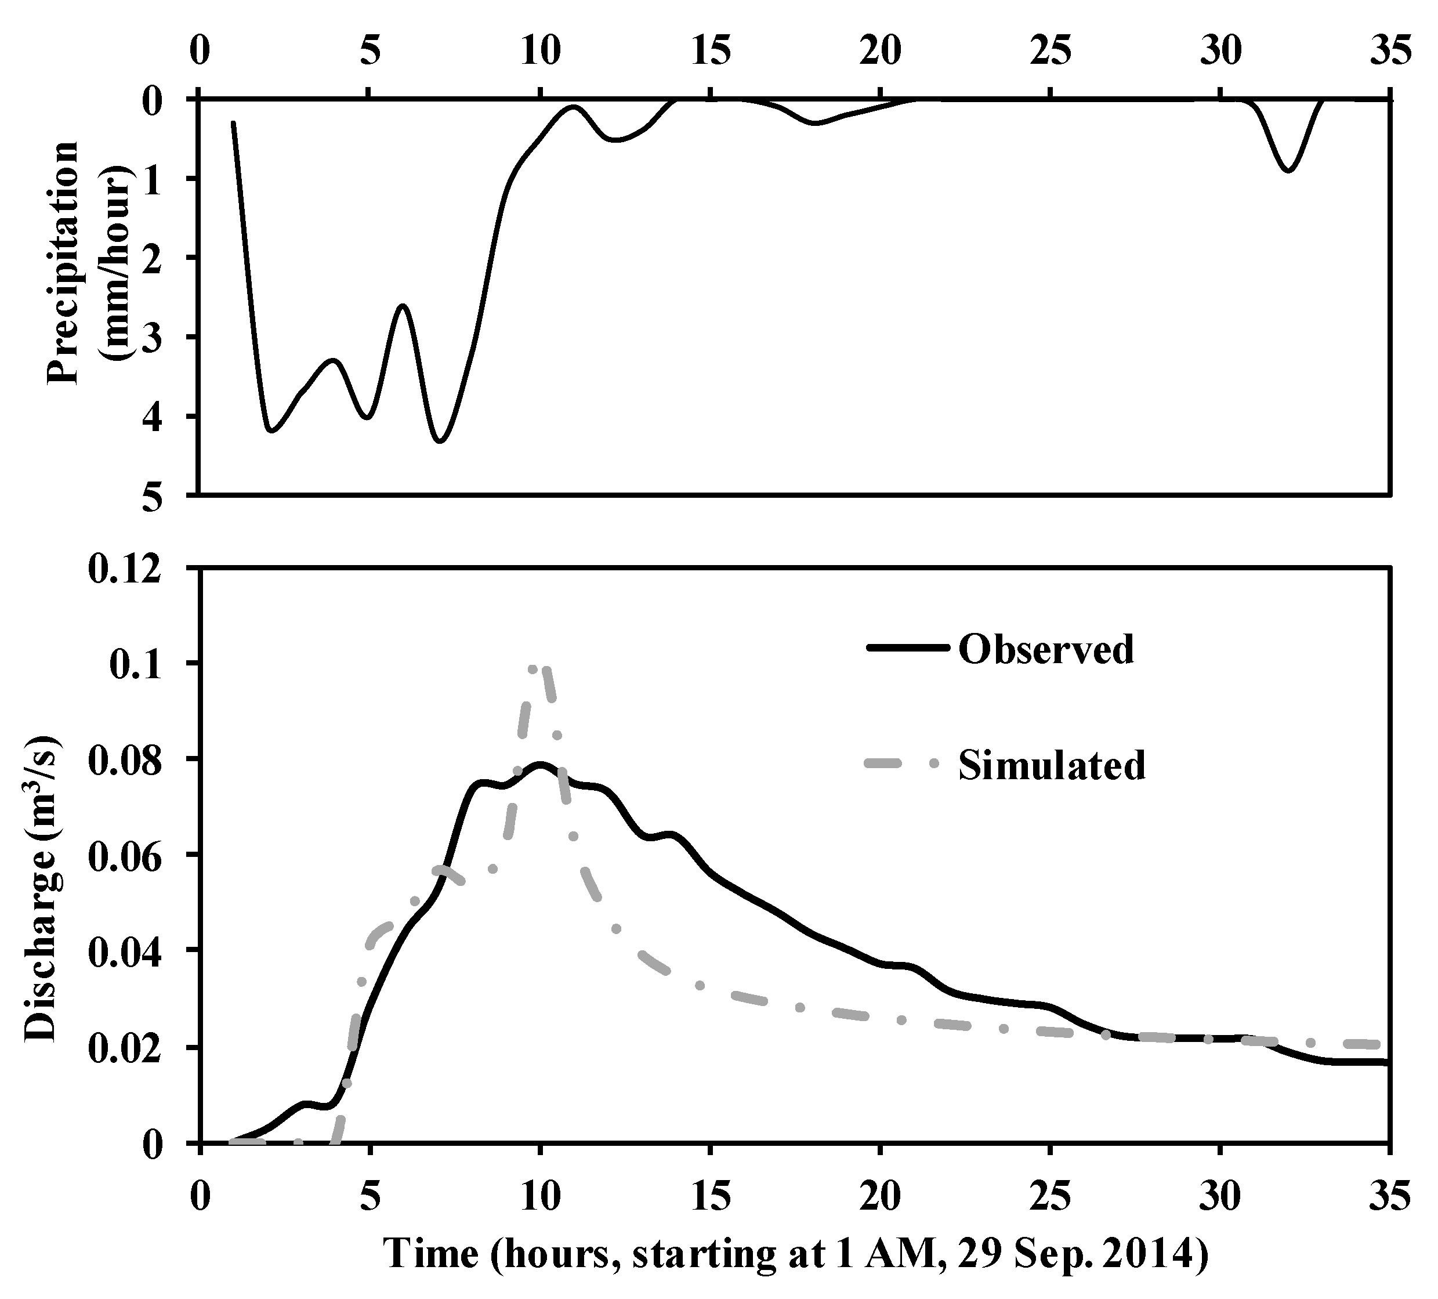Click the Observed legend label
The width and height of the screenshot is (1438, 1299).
click(1046, 649)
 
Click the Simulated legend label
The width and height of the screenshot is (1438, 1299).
click(1052, 765)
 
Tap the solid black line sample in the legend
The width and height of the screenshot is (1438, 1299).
click(907, 647)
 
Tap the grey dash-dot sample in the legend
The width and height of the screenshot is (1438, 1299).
click(907, 764)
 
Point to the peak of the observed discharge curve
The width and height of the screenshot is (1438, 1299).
click(540, 765)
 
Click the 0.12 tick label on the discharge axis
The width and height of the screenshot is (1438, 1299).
click(133, 571)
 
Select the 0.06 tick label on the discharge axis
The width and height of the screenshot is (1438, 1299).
click(133, 855)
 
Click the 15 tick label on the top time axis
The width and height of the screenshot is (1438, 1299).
click(711, 53)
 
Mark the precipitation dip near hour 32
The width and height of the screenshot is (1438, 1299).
click(1288, 171)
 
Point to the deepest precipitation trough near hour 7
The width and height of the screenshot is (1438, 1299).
click(440, 441)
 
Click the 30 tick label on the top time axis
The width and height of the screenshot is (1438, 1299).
click(1220, 53)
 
